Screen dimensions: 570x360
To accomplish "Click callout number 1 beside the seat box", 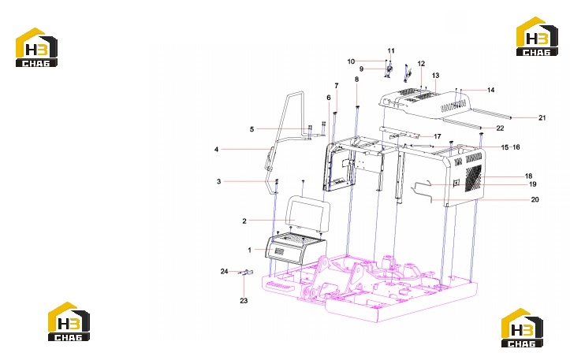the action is pos(249,250).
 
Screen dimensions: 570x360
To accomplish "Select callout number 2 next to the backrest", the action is pos(244,221).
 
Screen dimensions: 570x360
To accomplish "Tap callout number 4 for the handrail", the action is pos(216,150).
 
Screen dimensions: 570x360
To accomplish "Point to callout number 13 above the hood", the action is pos(435,75).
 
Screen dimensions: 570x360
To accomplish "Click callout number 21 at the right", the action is pos(542,117).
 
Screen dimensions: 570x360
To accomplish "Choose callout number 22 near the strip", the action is pos(500,128).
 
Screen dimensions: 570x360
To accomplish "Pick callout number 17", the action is pos(438,136).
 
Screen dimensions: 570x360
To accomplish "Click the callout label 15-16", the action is pos(510,147).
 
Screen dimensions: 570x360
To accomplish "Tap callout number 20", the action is pos(535,199).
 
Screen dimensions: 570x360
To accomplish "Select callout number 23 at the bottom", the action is pos(244,300).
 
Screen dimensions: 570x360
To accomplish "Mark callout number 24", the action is pos(224,271).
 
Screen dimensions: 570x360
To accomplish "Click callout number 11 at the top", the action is pos(391,51).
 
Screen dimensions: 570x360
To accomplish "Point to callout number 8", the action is pos(356,80).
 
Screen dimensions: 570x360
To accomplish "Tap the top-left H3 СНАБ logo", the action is pos(36,47).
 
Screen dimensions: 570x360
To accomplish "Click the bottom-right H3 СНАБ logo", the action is pos(522,328).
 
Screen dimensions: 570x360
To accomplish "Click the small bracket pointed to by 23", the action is pos(247,272).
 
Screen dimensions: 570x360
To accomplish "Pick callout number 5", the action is pos(251,129).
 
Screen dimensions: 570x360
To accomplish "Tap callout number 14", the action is pos(490,90).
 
